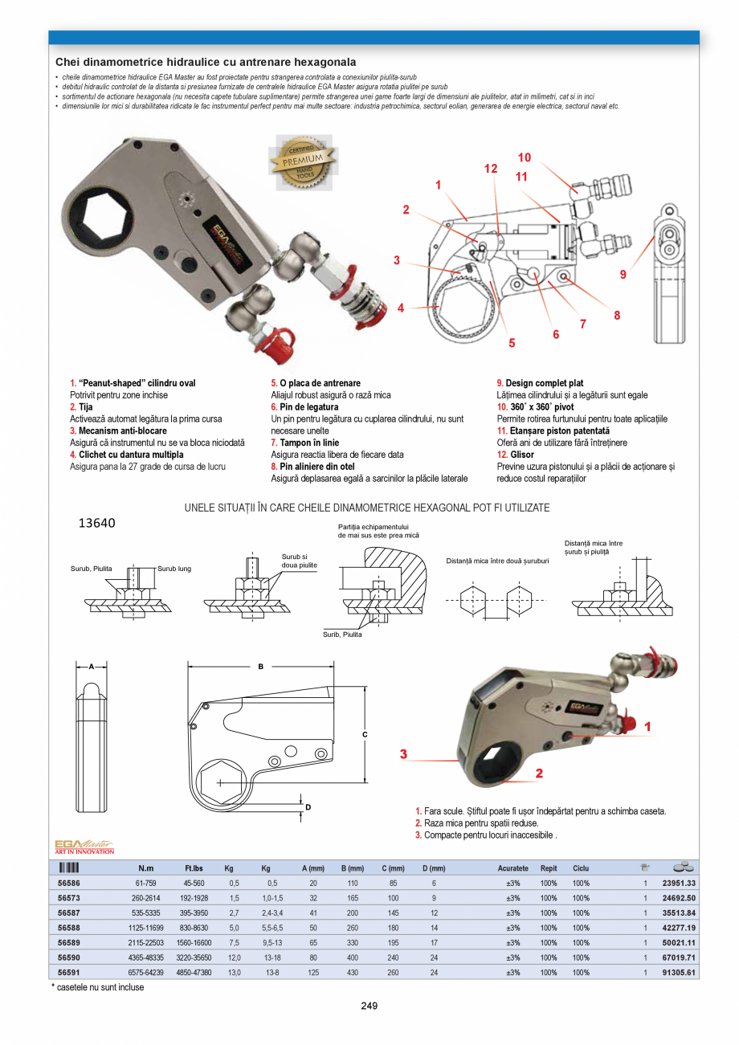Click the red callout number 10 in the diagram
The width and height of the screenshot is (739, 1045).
tap(524, 157)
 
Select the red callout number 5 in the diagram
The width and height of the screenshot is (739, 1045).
tap(512, 343)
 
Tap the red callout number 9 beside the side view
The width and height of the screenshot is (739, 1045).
tap(623, 275)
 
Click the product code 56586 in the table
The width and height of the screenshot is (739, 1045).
tap(69, 883)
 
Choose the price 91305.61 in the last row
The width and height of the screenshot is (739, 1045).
tap(679, 973)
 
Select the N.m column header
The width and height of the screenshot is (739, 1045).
tap(145, 868)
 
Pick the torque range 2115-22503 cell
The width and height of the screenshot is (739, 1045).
tap(145, 942)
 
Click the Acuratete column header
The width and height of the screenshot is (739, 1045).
tap(512, 868)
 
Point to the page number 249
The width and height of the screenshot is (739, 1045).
tap(369, 1006)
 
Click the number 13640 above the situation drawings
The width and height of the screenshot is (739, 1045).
tap(96, 523)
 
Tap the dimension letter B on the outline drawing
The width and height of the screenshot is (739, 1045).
tap(260, 666)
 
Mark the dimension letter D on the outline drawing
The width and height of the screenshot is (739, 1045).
tap(308, 806)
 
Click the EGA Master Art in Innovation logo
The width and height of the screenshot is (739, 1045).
tap(84, 846)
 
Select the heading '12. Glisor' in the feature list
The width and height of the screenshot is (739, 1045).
tap(516, 455)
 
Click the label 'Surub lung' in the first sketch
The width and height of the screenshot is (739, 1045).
tap(174, 569)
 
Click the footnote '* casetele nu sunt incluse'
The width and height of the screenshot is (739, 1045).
tap(98, 987)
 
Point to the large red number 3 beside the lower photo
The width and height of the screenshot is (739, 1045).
tap(405, 754)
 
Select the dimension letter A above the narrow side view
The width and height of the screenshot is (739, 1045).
tap(92, 666)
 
